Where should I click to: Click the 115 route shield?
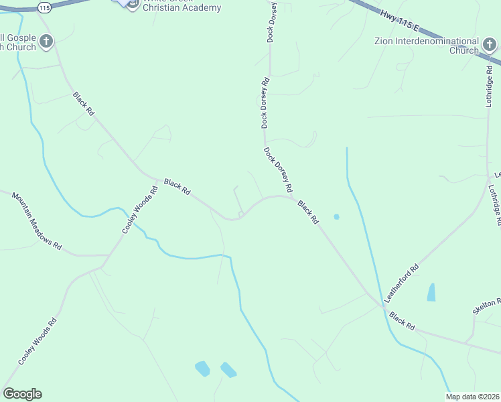coord(44,7)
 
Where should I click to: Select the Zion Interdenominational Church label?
coord(427,46)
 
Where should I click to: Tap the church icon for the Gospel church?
coord(46,42)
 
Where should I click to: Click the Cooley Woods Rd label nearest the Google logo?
coord(38,341)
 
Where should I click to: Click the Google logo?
coord(22,394)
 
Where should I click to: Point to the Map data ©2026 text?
coord(472,397)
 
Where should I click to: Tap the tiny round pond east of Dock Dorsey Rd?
coord(336,216)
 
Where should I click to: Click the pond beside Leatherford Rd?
coord(431,292)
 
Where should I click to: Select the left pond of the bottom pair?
coord(202,368)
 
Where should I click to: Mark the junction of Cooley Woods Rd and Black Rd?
coord(158,180)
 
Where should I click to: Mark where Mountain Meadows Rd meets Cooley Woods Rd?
coord(110,255)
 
